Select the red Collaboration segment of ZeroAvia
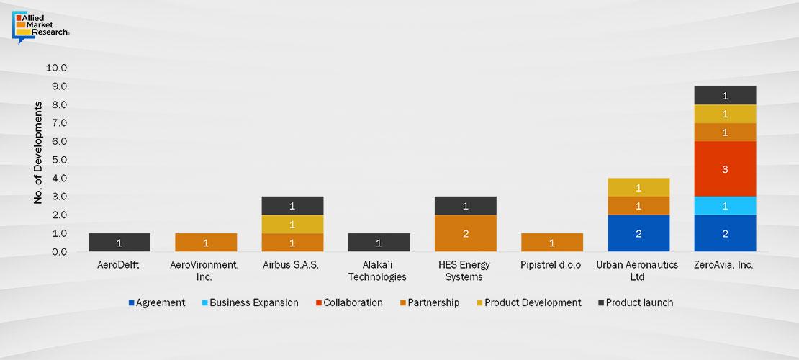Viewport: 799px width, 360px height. point(724,168)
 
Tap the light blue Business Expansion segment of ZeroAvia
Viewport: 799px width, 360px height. point(724,205)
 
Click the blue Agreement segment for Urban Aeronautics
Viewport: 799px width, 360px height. point(638,233)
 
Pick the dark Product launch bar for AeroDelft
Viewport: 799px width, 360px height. point(119,243)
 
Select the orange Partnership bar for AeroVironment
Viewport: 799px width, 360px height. point(206,243)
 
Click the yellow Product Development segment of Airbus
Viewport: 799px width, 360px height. point(292,224)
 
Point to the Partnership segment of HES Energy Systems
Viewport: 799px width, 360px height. point(465,233)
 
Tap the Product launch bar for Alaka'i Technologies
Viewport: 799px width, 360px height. point(379,243)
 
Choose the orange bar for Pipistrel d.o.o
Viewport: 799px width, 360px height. point(551,243)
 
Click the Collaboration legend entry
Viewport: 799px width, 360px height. point(351,302)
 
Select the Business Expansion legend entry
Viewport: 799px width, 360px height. point(248,302)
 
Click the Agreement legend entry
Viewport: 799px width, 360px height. point(157,302)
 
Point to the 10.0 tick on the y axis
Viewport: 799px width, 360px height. point(55,68)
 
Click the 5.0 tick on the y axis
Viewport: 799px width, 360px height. point(58,160)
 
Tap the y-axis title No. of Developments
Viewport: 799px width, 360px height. point(37,152)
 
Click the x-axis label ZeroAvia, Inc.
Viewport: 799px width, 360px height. point(724,265)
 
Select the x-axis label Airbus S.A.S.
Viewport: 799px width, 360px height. point(292,265)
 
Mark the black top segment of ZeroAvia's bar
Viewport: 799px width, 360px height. point(724,95)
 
